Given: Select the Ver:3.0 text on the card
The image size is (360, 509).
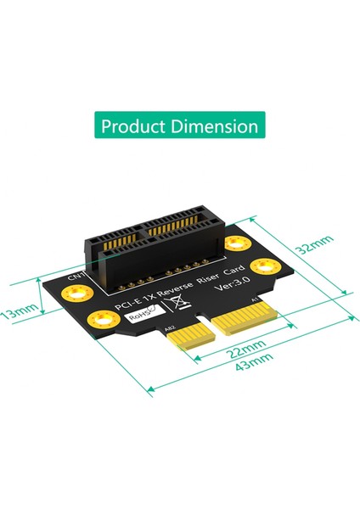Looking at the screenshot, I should click(219, 291).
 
